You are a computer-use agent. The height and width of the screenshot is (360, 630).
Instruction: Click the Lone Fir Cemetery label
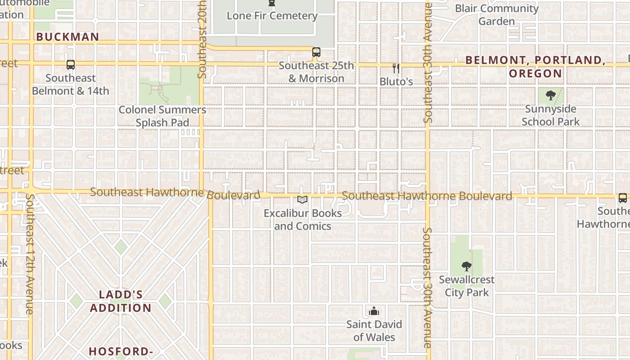[x=272, y=16]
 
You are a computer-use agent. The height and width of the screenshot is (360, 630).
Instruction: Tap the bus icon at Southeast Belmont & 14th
[x=71, y=65]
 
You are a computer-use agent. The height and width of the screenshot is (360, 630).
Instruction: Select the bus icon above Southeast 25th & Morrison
[x=316, y=52]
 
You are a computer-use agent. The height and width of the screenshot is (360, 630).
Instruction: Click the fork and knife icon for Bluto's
[x=396, y=68]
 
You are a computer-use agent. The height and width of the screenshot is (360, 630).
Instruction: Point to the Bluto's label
[x=396, y=81]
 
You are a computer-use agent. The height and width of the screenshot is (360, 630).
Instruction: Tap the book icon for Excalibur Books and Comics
[x=302, y=199]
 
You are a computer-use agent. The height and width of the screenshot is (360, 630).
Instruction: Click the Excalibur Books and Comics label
[x=302, y=220]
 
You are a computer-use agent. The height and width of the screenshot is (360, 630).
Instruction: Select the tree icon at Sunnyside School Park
[x=550, y=95]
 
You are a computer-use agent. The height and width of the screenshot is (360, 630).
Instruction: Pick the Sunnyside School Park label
[x=551, y=115]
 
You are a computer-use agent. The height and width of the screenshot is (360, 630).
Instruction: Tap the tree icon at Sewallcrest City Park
[x=467, y=266]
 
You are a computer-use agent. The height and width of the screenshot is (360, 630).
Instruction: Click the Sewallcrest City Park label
[x=467, y=286]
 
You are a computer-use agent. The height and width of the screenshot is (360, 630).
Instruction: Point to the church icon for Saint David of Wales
[x=373, y=311]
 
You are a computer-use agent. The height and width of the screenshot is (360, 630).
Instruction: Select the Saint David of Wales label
[x=374, y=331]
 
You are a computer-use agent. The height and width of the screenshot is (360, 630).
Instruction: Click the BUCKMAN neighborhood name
[x=67, y=37]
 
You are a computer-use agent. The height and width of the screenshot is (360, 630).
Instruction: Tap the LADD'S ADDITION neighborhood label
[x=121, y=301]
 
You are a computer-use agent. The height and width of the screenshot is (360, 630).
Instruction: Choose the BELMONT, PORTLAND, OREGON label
[x=535, y=67]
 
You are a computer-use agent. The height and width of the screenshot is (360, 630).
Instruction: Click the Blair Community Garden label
[x=497, y=15]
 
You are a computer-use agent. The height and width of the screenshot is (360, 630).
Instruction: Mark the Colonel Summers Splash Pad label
[x=162, y=116]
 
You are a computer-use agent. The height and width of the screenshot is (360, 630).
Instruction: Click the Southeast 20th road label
[x=202, y=39]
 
